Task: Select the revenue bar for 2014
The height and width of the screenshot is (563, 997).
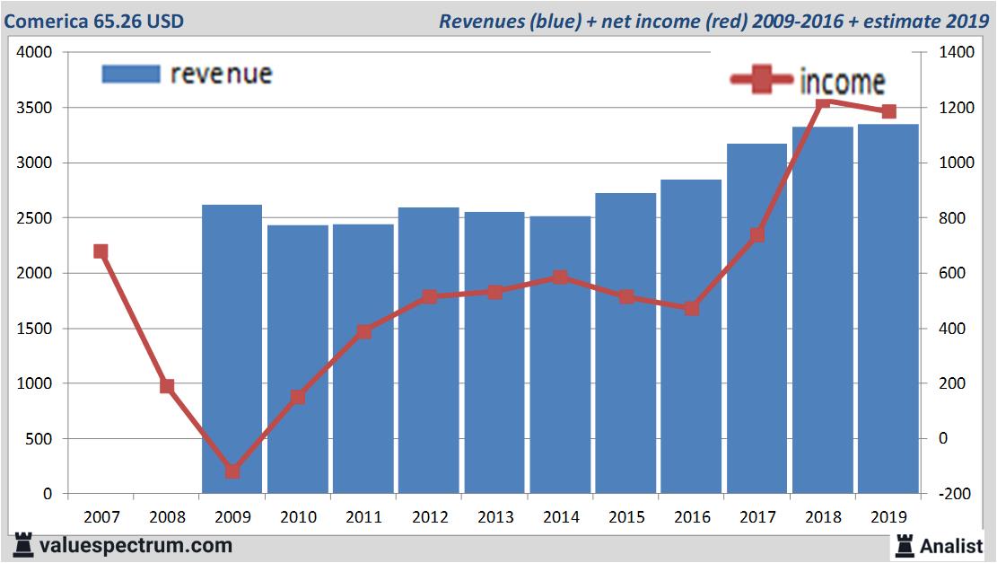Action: [560, 354]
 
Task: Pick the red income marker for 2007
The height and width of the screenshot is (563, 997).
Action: [101, 251]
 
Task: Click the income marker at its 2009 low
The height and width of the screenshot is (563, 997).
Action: [232, 471]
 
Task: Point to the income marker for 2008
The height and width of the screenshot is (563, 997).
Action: [166, 386]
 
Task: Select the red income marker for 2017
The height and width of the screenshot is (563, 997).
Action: [756, 235]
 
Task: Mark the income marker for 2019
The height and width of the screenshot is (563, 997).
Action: [888, 111]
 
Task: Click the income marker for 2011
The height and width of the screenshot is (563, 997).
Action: [363, 332]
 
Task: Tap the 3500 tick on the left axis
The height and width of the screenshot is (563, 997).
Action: [35, 108]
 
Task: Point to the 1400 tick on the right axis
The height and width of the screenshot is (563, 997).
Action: [958, 53]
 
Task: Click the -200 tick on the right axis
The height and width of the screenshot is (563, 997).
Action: [954, 494]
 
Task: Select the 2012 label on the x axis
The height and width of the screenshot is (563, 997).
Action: [429, 517]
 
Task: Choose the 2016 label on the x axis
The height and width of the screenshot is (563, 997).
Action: [692, 517]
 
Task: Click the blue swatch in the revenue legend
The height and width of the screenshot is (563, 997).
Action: [131, 74]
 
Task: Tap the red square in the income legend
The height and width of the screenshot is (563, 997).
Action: [764, 80]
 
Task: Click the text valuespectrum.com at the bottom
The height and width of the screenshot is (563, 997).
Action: [136, 545]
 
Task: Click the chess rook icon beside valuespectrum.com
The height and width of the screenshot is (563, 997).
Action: [23, 545]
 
